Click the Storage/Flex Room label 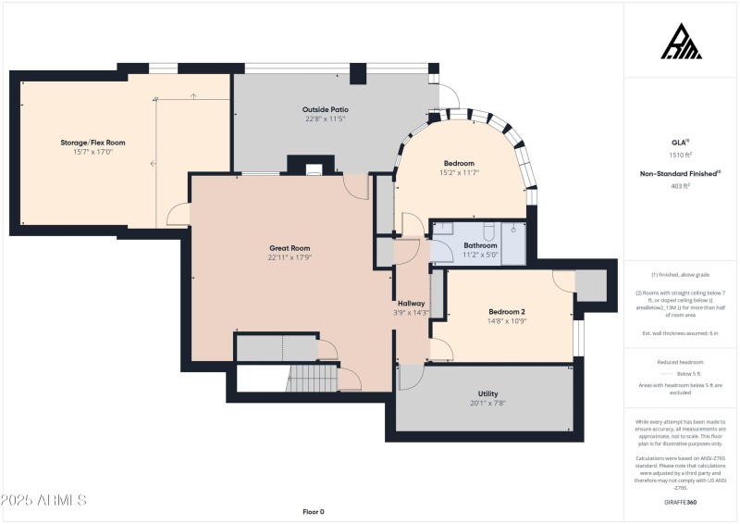pos(92,143)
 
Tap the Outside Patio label pos(326,109)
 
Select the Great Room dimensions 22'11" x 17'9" pos(289,257)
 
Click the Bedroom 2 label pos(507,311)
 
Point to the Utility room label pos(487,393)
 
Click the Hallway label pos(411,303)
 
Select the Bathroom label pos(480,245)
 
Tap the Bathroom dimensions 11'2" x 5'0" pos(480,255)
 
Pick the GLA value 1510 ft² pos(682,156)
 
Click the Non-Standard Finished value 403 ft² pos(682,186)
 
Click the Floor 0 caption pos(314,511)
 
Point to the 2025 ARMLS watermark pos(43,500)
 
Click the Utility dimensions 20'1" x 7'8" pos(487,403)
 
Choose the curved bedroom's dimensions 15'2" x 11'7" pos(459,172)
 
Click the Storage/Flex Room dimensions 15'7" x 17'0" pos(92,152)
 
